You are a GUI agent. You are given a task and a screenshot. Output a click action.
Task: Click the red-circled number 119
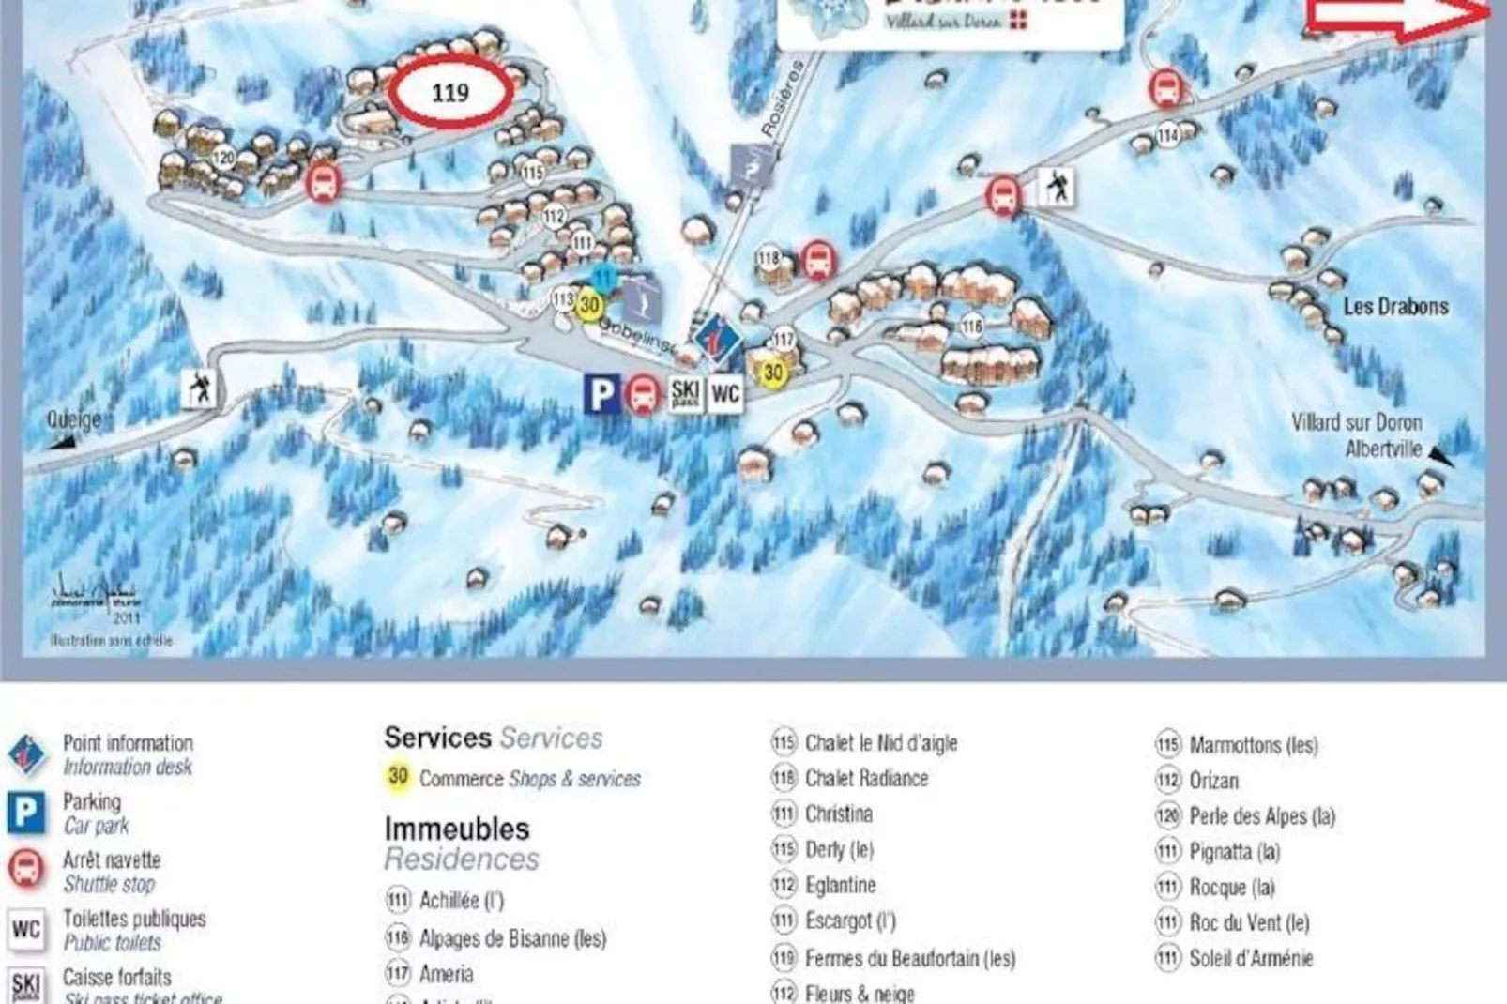[450, 92]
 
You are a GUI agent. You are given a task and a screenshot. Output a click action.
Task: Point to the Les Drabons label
[1395, 307]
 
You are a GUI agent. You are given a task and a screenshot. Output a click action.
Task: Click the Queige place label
[73, 419]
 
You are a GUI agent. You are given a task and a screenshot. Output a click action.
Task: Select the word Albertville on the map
[1383, 449]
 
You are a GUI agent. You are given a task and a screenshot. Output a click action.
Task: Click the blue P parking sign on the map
[601, 393]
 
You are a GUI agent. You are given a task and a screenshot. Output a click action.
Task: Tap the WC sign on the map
[724, 393]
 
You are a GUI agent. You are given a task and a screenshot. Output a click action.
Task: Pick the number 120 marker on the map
[223, 158]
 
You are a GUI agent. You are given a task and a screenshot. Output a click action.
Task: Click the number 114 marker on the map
[1167, 136]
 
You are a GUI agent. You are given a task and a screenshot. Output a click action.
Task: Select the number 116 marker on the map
[972, 327]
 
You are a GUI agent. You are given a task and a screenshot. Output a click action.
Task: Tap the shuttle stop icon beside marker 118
[817, 260]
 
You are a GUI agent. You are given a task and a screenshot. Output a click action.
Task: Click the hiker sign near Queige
[199, 387]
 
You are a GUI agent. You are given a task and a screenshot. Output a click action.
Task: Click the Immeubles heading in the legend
[457, 829]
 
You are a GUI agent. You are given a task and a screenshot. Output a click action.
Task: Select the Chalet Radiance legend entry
[866, 778]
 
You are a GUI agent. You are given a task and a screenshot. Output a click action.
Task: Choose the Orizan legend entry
[1213, 781]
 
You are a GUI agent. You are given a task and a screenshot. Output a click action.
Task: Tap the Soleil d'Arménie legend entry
[1251, 958]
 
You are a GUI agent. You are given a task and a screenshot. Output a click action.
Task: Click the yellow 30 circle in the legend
[398, 777]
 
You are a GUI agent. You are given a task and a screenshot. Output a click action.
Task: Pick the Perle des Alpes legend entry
[1261, 816]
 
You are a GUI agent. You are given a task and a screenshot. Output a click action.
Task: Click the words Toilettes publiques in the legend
[134, 919]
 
